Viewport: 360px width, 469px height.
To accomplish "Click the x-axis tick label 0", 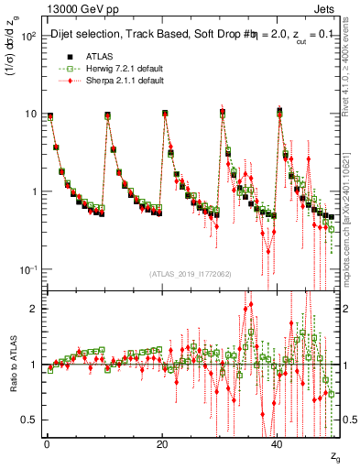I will coord(46,443).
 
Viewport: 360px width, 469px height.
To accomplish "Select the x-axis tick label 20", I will coord(161,443).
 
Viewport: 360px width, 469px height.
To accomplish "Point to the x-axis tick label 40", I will coord(278,443).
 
